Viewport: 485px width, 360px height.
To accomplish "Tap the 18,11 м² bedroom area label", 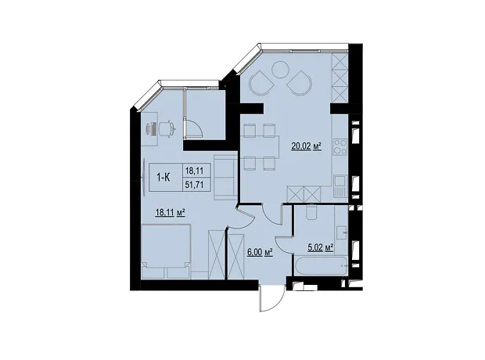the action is click(171, 212).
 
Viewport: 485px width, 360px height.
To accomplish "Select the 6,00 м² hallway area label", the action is click(260, 252).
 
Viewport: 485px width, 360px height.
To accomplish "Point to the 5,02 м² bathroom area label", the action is click(321, 247).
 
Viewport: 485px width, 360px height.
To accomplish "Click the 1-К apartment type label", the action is click(164, 178).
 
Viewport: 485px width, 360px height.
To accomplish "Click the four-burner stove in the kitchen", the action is click(339, 147).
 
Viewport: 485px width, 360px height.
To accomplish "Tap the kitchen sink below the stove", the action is click(340, 185).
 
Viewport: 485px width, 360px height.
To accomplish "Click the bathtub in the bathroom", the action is click(321, 265).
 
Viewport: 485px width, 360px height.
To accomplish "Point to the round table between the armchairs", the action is click(280, 70).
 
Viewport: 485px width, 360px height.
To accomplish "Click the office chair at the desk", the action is click(167, 128).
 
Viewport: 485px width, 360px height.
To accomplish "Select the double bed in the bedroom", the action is click(166, 251).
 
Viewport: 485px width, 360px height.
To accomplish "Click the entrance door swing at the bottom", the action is click(272, 299).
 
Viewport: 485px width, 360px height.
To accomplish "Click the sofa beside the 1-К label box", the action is click(225, 178).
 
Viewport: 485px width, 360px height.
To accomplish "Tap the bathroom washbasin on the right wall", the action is click(342, 231).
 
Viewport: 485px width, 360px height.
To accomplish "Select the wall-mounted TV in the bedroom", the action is click(145, 178).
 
